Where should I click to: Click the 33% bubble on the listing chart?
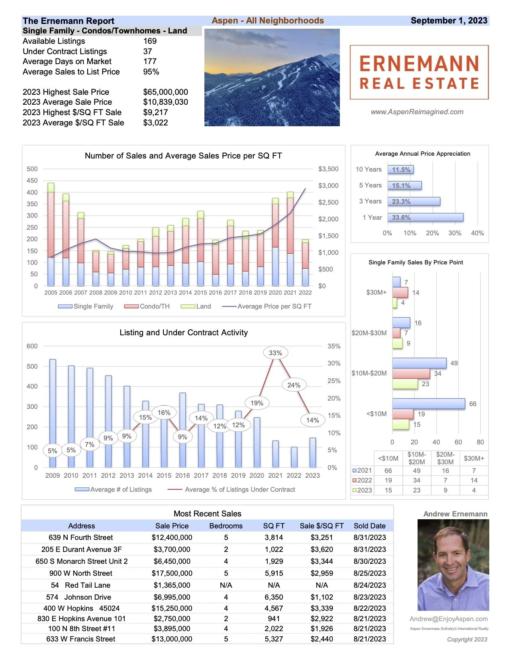(x=275, y=353)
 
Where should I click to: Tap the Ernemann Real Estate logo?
(x=419, y=72)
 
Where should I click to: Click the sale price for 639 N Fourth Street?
(x=172, y=538)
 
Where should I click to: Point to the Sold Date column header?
(x=369, y=526)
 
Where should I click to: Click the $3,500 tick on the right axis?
(x=328, y=169)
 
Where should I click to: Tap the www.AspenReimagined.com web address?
(x=417, y=112)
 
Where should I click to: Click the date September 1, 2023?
(x=449, y=21)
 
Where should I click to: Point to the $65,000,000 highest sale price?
(x=165, y=92)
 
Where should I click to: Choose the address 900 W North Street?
(x=81, y=573)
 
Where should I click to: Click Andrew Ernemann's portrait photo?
(x=453, y=565)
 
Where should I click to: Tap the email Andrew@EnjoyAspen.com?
(x=449, y=619)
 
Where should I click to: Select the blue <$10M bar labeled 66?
(x=428, y=403)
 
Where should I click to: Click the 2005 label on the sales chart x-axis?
(x=51, y=293)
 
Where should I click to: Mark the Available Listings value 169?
(x=150, y=41)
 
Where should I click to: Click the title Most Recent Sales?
(x=207, y=514)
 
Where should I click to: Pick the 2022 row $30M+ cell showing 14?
(x=474, y=480)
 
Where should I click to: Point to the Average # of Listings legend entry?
(x=114, y=489)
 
